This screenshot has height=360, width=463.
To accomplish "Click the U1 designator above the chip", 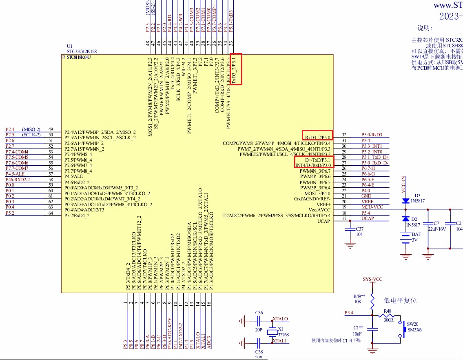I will (x=69, y=46).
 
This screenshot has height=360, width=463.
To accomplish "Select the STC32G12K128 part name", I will (x=82, y=51).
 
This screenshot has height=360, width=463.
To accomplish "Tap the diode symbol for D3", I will (x=405, y=201).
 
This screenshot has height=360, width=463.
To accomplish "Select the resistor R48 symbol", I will (x=387, y=315).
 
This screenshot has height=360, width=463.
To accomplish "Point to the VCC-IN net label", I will (x=403, y=185).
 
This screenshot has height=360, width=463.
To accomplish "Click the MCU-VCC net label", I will (x=372, y=207).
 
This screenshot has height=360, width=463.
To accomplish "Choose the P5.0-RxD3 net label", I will (x=372, y=135).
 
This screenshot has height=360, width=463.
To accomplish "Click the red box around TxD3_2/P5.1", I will (x=236, y=69).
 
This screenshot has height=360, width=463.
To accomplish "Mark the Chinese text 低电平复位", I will (x=401, y=300).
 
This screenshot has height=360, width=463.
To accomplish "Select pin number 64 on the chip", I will (x=51, y=213).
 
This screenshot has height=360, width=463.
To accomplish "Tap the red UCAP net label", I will (x=367, y=218).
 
